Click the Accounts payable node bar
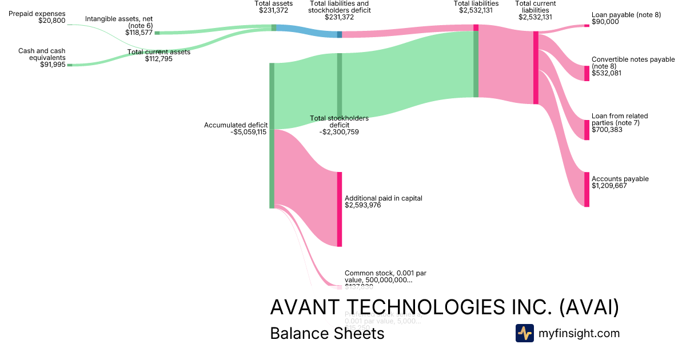[x=587, y=189]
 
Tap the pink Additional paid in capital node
[x=339, y=209]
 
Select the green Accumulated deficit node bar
[x=272, y=135]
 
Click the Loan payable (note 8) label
[x=626, y=15]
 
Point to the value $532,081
[x=605, y=73]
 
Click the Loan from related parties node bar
[x=587, y=130]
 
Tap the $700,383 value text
[x=607, y=130]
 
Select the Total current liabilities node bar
[x=536, y=67]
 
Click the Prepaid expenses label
[x=37, y=14]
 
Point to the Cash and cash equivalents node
[x=70, y=65]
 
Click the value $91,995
[x=51, y=65]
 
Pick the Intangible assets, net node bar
[x=157, y=33]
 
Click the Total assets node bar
[x=274, y=27]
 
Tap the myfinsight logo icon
[x=524, y=333]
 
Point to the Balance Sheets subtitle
[x=327, y=333]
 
